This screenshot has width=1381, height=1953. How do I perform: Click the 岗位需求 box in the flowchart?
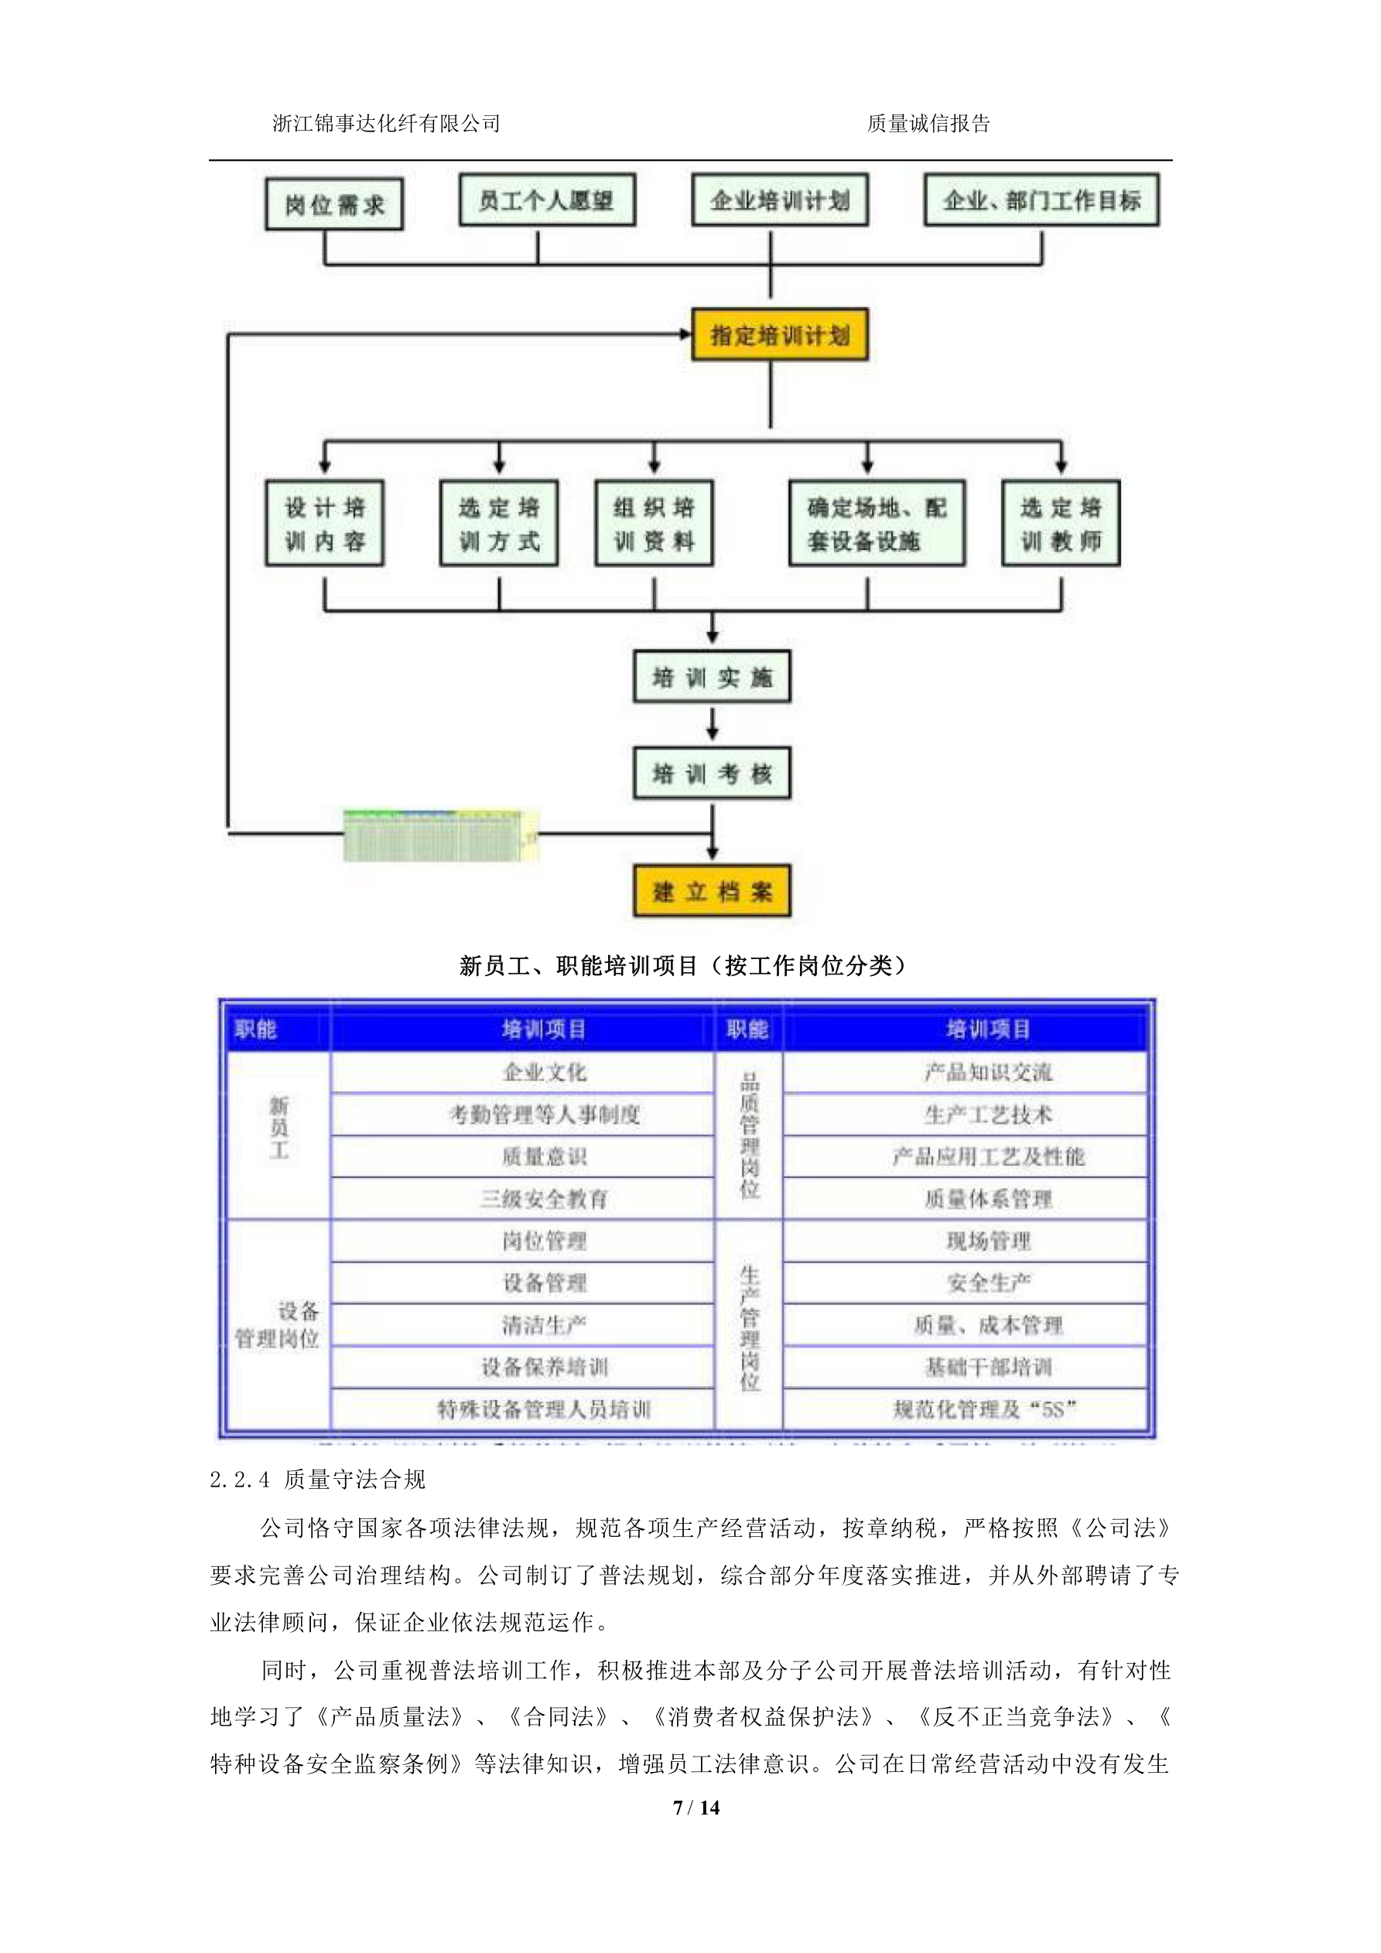333,204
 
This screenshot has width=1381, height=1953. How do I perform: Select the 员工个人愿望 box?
546,200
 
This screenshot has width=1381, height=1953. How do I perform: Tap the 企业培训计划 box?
779,200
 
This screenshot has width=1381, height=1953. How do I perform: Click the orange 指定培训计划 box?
779,335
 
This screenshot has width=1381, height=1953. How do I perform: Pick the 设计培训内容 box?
324,523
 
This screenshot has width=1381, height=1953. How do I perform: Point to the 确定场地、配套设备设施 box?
877,523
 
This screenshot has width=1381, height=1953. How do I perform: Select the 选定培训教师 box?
1060,523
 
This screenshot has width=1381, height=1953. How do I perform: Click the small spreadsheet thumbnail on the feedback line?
440,835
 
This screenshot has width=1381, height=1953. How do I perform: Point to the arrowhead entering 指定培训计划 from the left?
685,334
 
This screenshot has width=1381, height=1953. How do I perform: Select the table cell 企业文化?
545,1073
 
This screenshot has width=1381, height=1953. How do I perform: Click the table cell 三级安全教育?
545,1200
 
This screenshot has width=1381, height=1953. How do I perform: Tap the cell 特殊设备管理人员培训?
545,1409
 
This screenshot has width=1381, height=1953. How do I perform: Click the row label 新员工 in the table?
279,1128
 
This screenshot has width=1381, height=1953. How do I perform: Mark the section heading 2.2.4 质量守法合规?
317,1479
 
